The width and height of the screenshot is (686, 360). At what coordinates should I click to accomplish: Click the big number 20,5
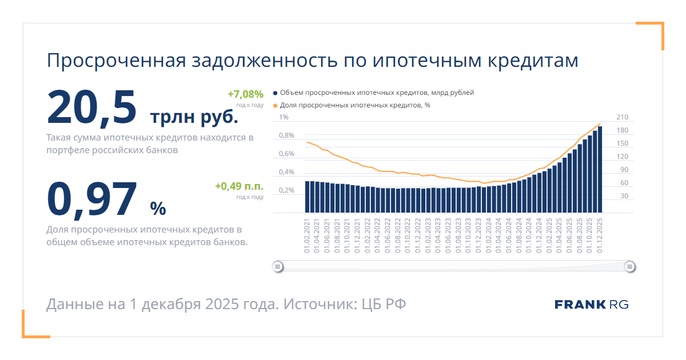pos(91,107)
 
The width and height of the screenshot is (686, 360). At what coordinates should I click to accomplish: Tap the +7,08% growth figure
pos(245,94)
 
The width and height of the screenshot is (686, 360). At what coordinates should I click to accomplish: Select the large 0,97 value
pos(91,199)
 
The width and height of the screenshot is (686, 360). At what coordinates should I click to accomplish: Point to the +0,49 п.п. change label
pos(239,186)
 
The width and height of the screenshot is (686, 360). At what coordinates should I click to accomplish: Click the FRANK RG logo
pos(591,305)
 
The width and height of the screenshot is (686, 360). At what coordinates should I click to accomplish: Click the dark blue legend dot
pos(275,93)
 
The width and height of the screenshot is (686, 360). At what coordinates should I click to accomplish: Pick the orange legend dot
pos(275,105)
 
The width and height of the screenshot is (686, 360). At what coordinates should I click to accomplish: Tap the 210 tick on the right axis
pos(622,118)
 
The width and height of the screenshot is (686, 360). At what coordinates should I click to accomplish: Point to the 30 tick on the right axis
pos(624,196)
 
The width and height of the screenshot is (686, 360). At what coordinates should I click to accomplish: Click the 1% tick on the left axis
pos(284,118)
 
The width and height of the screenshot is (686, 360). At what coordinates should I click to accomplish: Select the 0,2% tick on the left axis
pos(286,190)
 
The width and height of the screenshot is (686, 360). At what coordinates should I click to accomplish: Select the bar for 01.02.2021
pos(307,197)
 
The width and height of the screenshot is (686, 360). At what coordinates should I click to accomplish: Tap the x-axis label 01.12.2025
pos(600,237)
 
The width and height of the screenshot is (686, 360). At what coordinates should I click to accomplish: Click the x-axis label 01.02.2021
pos(307,237)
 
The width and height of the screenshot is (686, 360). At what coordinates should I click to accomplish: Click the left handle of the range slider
pos(277,266)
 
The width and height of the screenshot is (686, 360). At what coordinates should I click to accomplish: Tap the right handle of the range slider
pos(629,266)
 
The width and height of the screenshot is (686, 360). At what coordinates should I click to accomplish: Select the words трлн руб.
pos(194,117)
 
